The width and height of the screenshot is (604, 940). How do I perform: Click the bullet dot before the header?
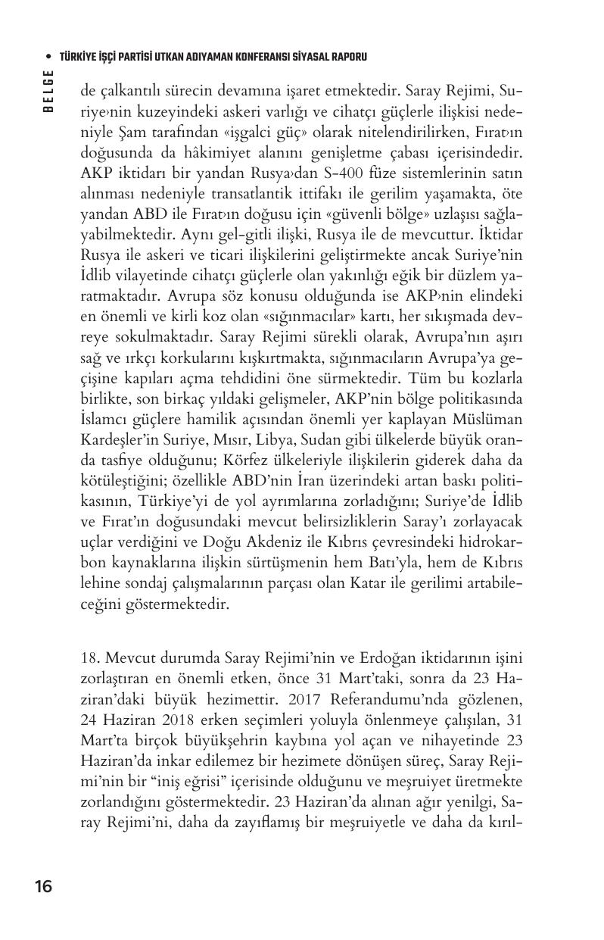[48, 57]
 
